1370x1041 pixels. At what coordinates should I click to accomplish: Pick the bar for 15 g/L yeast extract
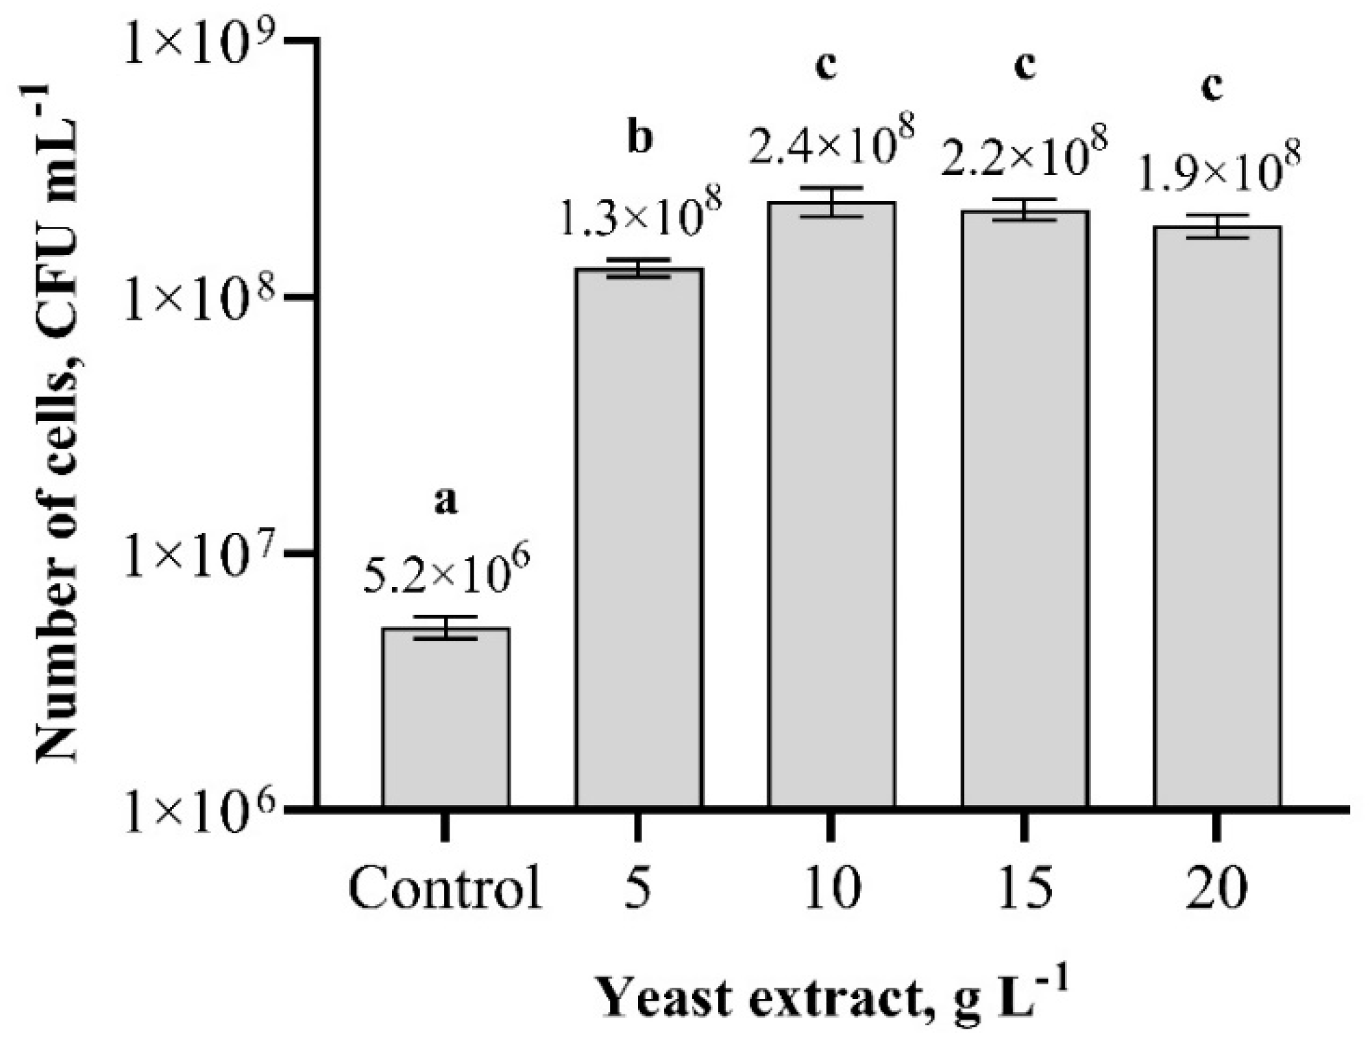tap(1025, 508)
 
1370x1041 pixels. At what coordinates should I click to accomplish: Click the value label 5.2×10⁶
tap(446, 574)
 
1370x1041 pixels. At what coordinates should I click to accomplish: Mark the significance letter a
tap(445, 503)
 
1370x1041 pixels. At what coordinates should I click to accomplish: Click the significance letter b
tap(640, 139)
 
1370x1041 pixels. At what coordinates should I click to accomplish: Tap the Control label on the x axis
tap(445, 889)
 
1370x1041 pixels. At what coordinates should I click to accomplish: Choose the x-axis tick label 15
tap(1025, 889)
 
